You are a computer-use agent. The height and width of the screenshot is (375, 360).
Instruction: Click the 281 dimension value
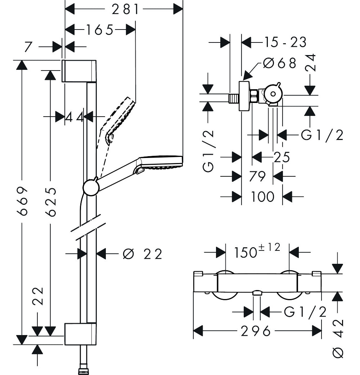point(125,10)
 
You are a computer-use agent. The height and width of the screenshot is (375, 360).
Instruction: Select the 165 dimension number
point(99,30)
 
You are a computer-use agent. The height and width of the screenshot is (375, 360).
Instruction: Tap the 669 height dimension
point(23,201)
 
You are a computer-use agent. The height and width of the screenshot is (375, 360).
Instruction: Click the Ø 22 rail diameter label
point(143,254)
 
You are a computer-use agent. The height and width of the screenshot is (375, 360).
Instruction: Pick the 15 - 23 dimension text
point(285,42)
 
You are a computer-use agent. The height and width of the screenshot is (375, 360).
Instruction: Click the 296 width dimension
point(256,331)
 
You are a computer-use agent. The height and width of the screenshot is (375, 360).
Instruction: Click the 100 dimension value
point(262,196)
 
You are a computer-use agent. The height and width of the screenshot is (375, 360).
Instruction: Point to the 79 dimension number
point(257,176)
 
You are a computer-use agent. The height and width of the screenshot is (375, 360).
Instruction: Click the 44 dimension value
point(75,117)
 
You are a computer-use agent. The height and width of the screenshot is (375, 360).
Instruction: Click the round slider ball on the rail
point(91,187)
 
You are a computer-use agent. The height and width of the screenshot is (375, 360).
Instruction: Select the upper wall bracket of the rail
point(80,71)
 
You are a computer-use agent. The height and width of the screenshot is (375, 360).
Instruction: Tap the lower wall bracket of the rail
point(80,334)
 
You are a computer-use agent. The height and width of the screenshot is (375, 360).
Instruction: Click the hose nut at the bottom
point(84,371)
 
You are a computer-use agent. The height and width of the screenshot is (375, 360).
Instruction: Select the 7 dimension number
point(28,47)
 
